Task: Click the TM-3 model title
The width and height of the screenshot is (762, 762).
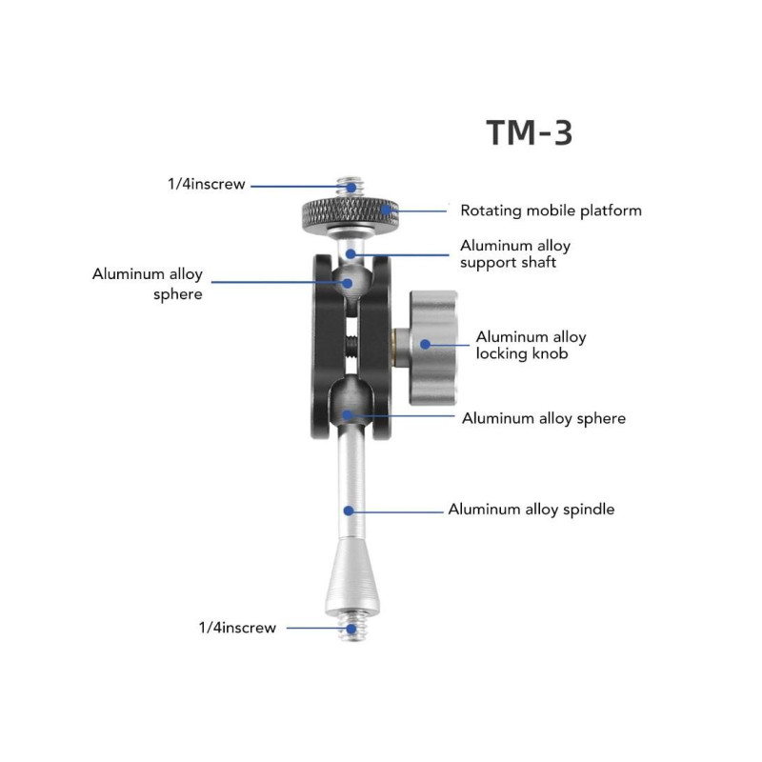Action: click(x=530, y=132)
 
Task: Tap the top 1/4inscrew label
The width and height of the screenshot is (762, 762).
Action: click(x=206, y=184)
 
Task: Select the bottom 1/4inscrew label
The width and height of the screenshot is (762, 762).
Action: click(x=237, y=628)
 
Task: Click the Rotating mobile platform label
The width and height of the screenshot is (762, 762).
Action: click(x=551, y=211)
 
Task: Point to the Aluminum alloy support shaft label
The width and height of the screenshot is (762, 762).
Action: click(x=515, y=253)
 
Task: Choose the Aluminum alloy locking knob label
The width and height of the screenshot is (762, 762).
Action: click(x=531, y=345)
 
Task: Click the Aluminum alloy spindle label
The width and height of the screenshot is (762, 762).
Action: click(x=531, y=510)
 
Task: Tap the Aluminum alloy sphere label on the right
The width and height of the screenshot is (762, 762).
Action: click(x=544, y=418)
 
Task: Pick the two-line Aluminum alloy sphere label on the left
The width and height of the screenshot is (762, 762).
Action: click(x=148, y=284)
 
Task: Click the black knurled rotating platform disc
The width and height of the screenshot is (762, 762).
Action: click(x=350, y=213)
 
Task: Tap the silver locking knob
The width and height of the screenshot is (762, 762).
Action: click(x=432, y=348)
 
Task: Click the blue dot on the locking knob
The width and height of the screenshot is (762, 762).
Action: click(x=425, y=344)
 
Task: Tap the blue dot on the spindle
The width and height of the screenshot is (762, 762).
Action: click(x=349, y=511)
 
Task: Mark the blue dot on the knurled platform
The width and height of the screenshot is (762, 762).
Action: click(x=386, y=210)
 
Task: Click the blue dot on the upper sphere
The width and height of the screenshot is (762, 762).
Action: click(x=348, y=283)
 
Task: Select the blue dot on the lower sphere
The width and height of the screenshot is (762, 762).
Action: click(x=347, y=415)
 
